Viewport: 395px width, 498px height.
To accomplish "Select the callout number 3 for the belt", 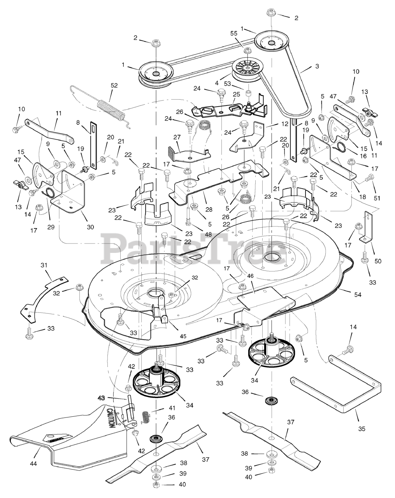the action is pyautogui.click(x=317, y=66).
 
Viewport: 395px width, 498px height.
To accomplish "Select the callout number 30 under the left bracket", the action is pyautogui.click(x=90, y=227).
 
